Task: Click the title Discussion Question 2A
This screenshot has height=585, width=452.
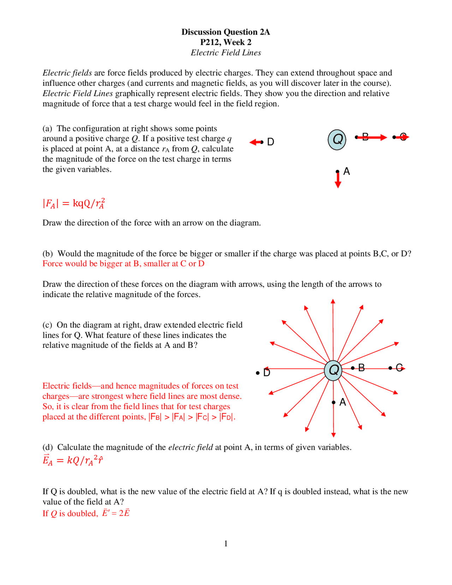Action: click(226, 32)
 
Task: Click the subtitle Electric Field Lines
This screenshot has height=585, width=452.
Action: click(226, 53)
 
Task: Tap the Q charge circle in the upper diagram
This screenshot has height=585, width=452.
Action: click(337, 140)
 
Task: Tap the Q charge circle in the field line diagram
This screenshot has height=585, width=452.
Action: click(333, 370)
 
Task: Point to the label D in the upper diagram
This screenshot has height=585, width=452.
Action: click(270, 142)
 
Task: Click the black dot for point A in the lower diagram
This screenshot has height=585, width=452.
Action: click(333, 402)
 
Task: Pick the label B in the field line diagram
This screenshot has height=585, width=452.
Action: click(361, 368)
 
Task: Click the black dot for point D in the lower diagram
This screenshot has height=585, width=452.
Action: click(258, 373)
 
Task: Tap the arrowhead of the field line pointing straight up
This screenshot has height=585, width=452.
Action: click(333, 302)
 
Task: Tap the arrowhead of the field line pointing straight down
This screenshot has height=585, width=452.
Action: click(333, 435)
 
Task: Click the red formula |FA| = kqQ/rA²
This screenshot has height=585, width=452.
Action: click(74, 203)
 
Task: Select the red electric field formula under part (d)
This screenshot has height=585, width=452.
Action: click(73, 460)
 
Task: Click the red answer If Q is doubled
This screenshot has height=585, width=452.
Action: click(86, 513)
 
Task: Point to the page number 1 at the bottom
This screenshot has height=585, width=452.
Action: click(226, 543)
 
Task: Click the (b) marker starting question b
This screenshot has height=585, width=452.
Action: click(47, 254)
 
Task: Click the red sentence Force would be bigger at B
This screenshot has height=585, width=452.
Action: click(123, 264)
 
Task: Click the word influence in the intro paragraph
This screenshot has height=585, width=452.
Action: click(58, 83)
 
